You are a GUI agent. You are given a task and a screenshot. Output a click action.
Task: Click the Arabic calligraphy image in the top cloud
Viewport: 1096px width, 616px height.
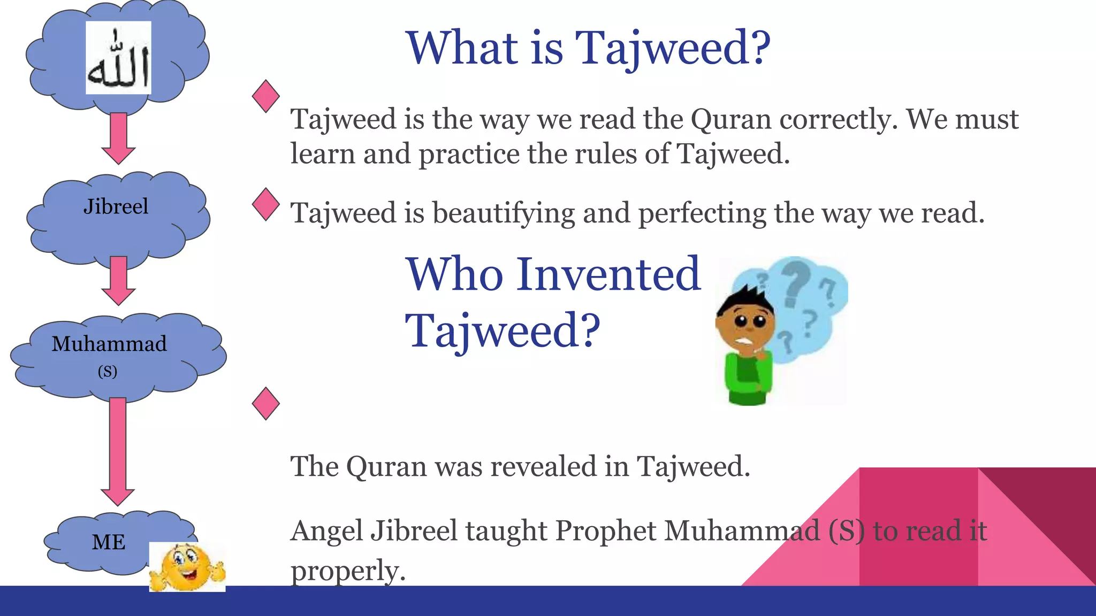click(x=118, y=58)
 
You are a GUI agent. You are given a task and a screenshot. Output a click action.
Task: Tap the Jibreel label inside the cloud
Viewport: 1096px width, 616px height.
click(x=116, y=206)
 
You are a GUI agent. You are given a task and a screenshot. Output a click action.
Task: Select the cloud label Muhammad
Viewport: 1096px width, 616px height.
click(x=109, y=344)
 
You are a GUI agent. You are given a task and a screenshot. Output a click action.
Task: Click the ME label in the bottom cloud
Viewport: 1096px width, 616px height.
click(x=109, y=542)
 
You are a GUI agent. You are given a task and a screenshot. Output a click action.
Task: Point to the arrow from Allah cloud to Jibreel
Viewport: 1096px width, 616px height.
click(x=118, y=138)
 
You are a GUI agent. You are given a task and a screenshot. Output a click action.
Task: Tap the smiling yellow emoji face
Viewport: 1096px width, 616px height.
click(x=187, y=567)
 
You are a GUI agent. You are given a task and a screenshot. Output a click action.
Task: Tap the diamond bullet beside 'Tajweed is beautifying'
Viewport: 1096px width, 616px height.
click(x=265, y=204)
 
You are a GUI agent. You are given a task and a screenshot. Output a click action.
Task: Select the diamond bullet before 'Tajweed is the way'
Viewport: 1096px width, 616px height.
click(x=265, y=96)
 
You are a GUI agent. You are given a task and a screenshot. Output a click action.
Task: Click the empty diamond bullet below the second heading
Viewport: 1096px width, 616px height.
click(x=265, y=404)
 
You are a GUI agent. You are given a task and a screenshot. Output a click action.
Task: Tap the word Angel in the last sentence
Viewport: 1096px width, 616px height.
click(x=326, y=531)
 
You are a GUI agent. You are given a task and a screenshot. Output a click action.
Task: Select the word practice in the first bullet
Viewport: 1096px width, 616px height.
click(x=469, y=154)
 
